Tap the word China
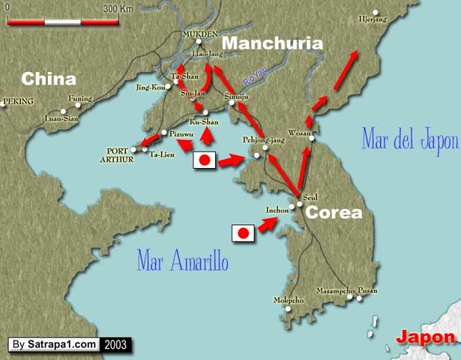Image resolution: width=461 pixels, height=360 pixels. point(49,79)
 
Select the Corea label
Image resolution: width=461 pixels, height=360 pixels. point(334,212)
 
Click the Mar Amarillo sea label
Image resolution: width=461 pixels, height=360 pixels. point(182,261)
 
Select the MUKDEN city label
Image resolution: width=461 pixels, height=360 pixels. point(199,34)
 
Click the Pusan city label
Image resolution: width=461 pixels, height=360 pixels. point(368,290)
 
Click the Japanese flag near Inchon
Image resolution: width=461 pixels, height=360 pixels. point(242,233)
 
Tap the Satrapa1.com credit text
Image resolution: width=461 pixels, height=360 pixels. point(63,344)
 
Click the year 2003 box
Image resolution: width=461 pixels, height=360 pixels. point(116,344)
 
